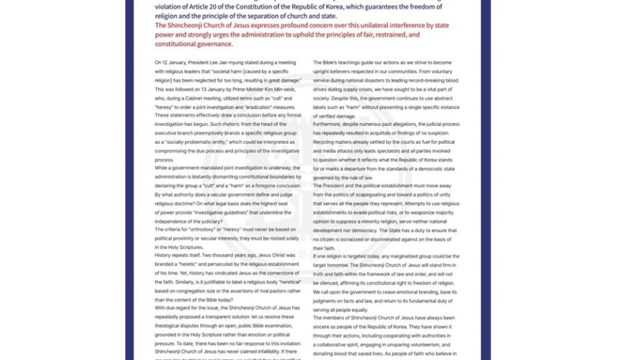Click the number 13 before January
pyautogui.click(x=207, y=80)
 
